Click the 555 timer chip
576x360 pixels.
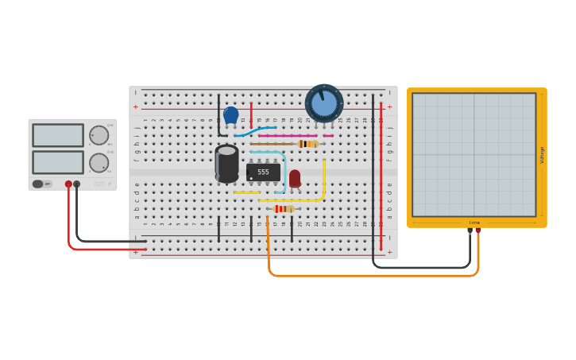[x=263, y=172]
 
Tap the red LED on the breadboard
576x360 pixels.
[x=295, y=178]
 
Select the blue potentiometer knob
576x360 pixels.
[x=324, y=103]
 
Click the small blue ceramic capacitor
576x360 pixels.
[x=231, y=115]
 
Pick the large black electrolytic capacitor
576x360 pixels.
[x=226, y=163]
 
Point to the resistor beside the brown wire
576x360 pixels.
[x=308, y=144]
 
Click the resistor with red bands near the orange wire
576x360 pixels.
[x=283, y=209]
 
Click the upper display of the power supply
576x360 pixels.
[x=57, y=135]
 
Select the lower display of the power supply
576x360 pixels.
[x=57, y=162]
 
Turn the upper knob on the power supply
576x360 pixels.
[x=99, y=135]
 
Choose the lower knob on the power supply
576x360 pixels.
[x=99, y=163]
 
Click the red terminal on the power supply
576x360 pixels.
[x=68, y=184]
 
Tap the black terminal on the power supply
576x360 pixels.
[x=77, y=184]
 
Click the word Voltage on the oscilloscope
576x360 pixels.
[x=542, y=154]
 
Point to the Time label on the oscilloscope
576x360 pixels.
[x=474, y=223]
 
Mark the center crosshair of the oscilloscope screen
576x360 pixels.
[x=474, y=154]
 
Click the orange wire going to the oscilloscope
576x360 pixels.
[x=373, y=276]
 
